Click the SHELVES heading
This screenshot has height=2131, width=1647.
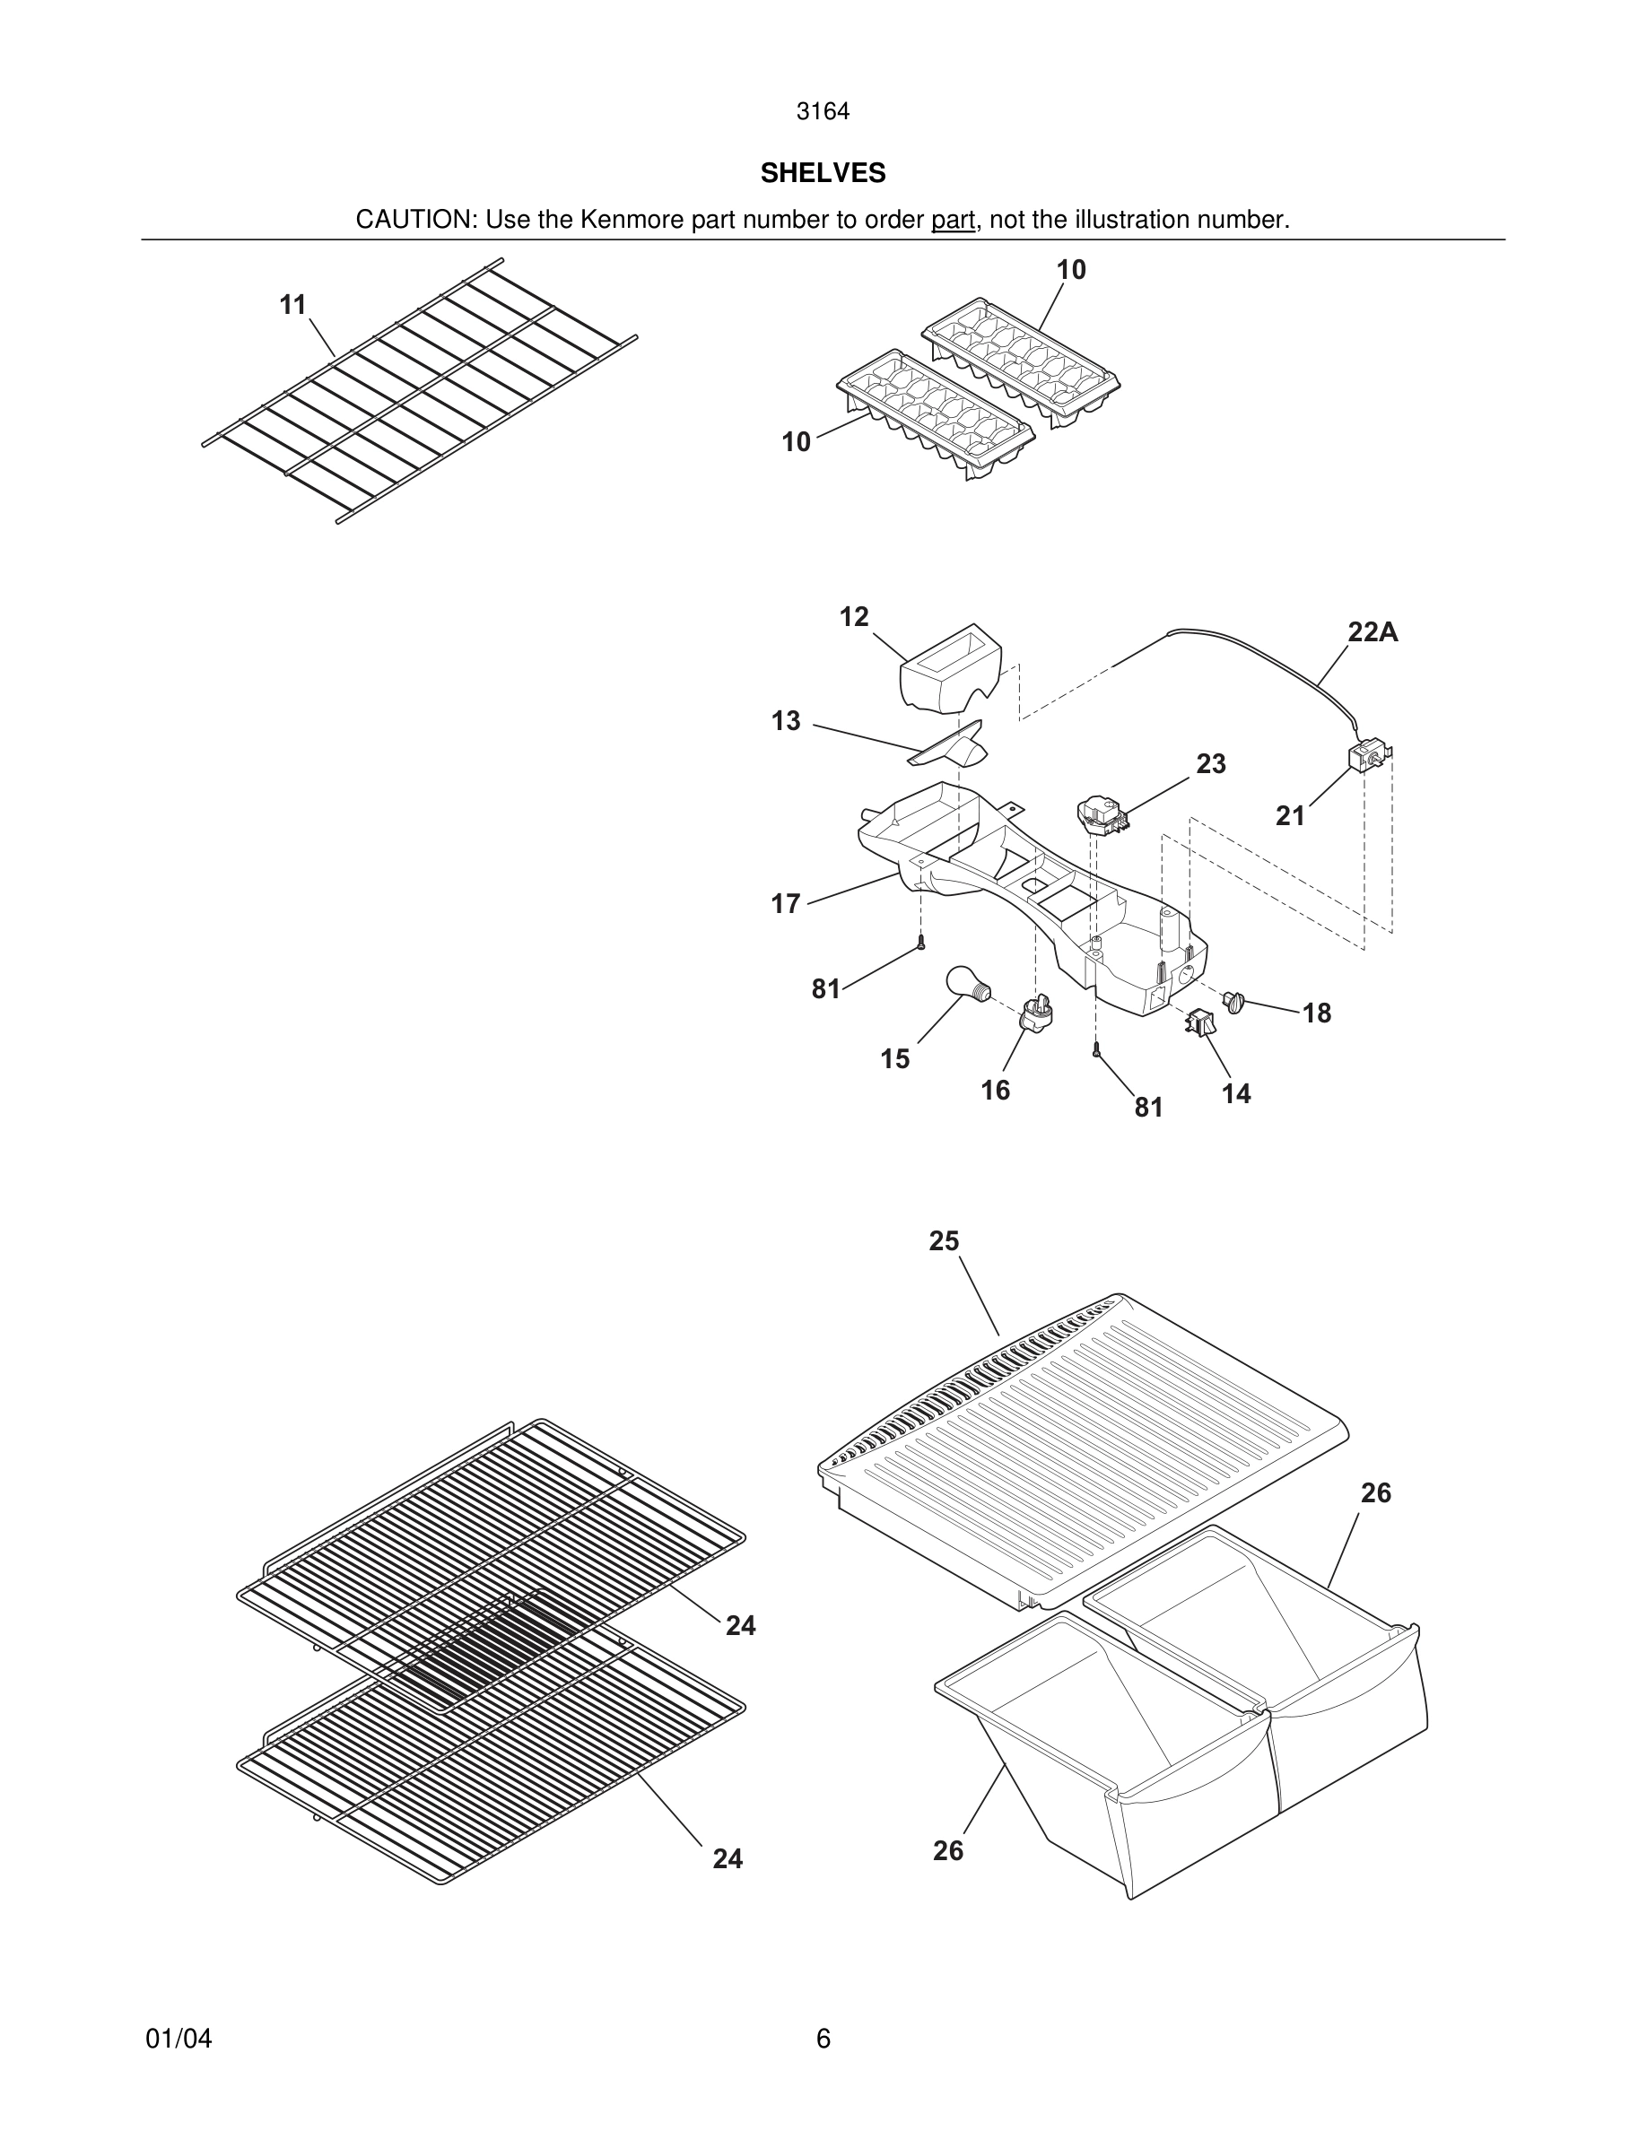coord(823,173)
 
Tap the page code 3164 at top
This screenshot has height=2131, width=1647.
coord(823,112)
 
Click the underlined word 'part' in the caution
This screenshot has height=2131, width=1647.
coord(953,221)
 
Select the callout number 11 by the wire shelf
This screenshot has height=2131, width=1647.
coord(292,306)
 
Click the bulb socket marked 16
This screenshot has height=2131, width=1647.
coord(1037,1014)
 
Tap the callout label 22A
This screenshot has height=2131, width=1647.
coord(1372,632)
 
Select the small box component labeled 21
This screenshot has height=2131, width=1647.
coord(1366,757)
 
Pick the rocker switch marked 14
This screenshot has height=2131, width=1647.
coord(1198,1023)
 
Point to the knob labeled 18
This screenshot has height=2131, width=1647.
coord(1234,1001)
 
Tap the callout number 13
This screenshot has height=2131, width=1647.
coord(786,721)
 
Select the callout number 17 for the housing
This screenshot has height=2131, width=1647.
coord(786,903)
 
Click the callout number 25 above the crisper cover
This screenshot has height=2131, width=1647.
coord(944,1241)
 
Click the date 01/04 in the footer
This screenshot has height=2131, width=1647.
coord(179,2039)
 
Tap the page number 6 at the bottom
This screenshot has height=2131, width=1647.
coord(823,2039)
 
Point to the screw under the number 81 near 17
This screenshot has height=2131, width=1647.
coord(921,943)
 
